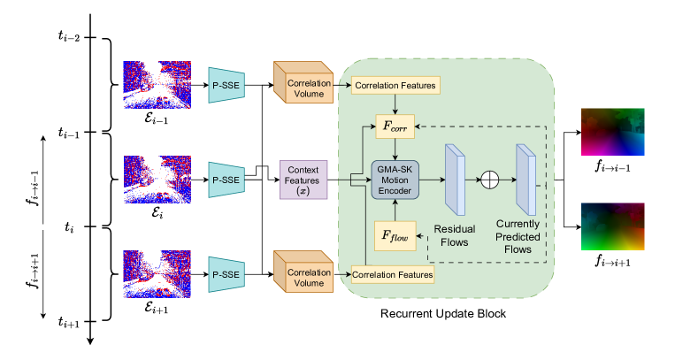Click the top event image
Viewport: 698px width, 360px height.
coord(155,85)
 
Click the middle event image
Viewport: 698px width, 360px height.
coord(155,180)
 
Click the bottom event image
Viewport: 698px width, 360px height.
coord(155,274)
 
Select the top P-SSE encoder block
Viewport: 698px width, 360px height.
coord(226,85)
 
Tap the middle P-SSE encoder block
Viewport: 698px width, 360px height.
coord(226,180)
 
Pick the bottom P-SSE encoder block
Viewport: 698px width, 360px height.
coord(226,274)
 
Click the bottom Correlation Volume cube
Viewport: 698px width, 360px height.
coord(303,274)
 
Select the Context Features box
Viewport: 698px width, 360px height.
coord(303,180)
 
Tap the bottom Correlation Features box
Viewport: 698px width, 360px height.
coord(393,275)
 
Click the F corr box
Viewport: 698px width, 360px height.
coord(395,126)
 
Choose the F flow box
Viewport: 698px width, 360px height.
coord(395,234)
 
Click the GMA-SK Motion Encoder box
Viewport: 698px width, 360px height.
coord(395,180)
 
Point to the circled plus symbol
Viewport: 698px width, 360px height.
coord(489,180)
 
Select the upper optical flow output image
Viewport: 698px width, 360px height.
coord(613,132)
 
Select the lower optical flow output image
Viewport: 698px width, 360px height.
coord(613,226)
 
